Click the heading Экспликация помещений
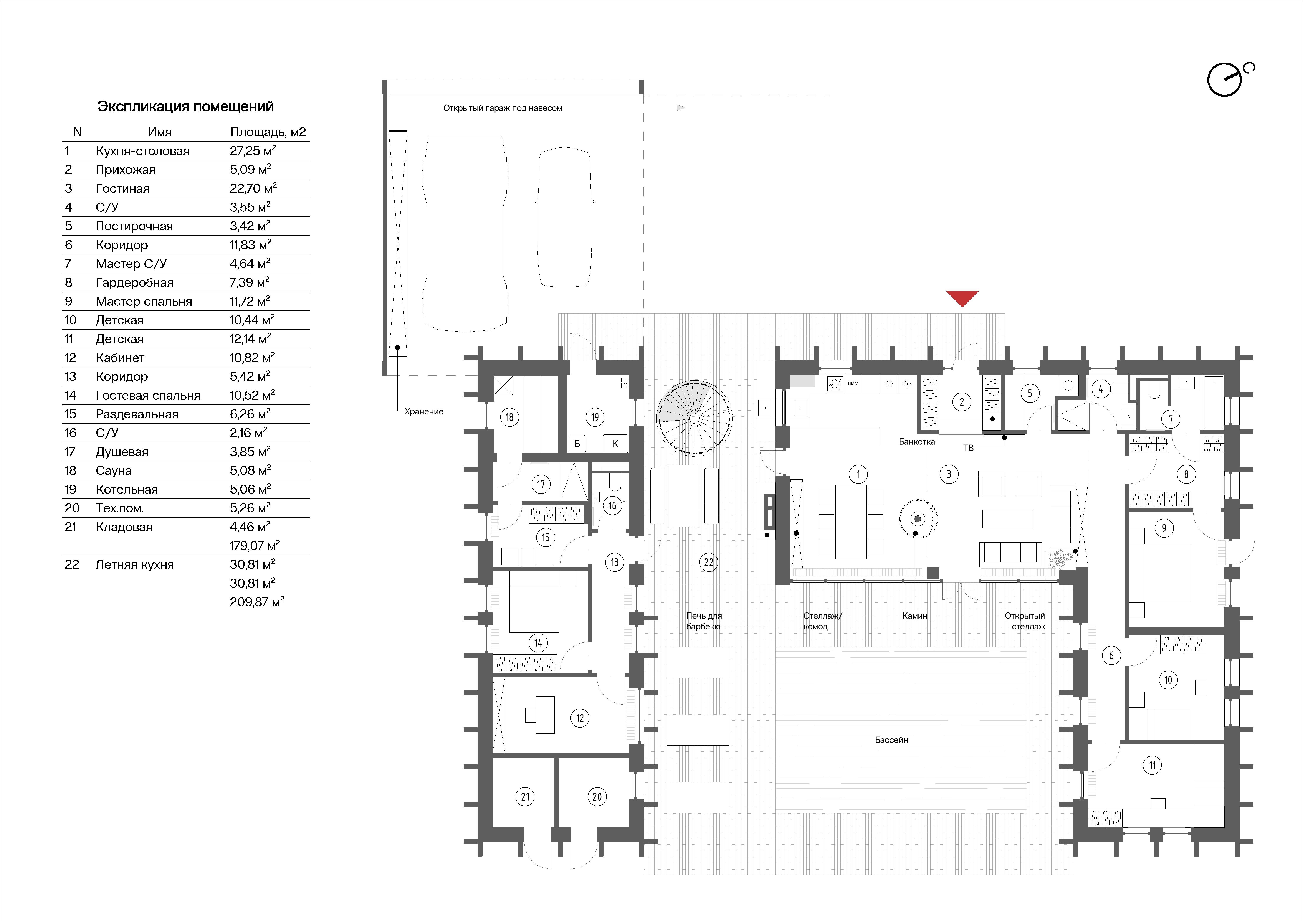pos(186,107)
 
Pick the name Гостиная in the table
pos(122,188)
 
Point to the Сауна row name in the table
pos(114,470)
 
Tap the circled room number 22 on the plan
pos(708,562)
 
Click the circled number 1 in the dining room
pos(858,474)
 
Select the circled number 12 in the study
pos(579,718)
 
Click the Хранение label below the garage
pos(424,411)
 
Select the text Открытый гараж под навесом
pos(502,108)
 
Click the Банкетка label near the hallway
pos(916,441)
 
